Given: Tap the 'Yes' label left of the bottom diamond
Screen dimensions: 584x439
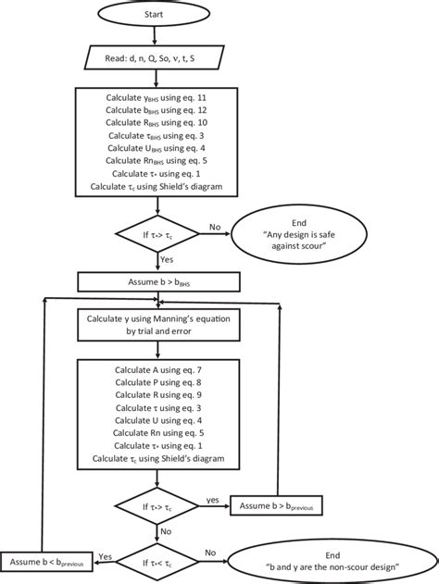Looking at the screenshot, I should (106, 555).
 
